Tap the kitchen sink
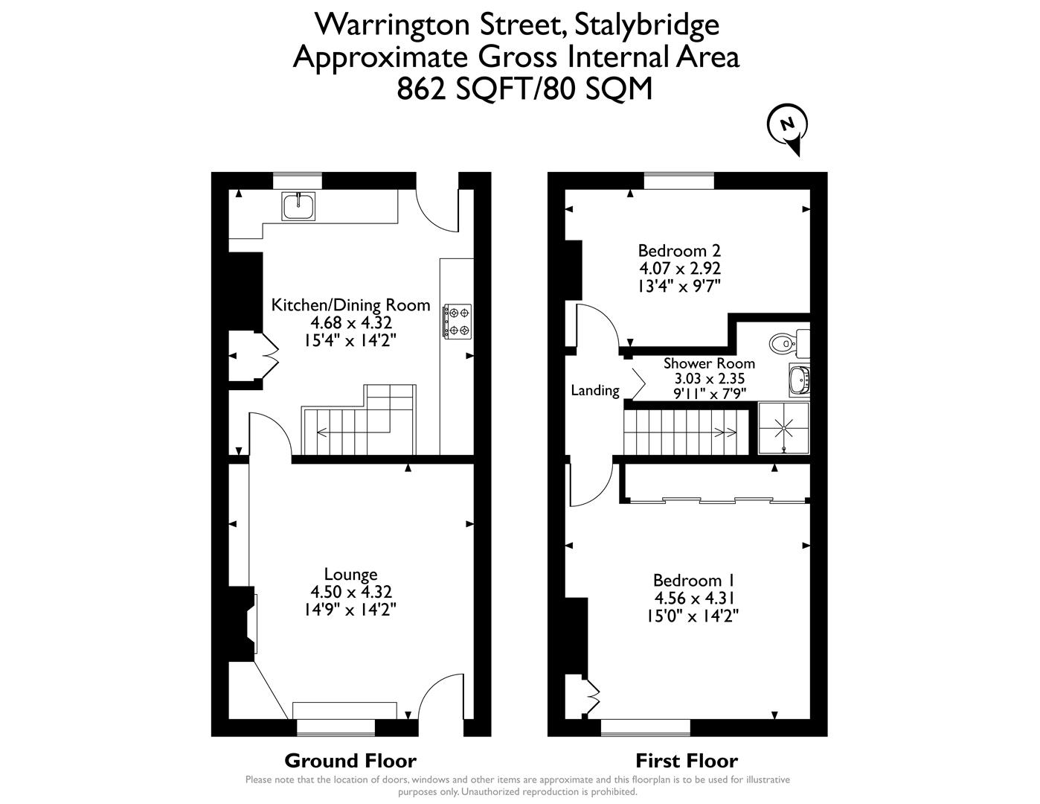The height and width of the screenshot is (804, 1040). point(298,205)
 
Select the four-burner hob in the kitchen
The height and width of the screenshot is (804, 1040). point(458,321)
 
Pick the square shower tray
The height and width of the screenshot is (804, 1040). point(783,427)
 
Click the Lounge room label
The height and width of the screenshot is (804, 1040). point(350,574)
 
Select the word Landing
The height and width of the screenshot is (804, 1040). point(594,390)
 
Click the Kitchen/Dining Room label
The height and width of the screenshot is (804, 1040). point(350,304)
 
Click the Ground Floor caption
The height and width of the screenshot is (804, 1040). point(350,761)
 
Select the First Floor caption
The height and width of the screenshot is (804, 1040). point(686,761)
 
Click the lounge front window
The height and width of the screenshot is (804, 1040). point(336,726)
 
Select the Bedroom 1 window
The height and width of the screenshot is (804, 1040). point(645,726)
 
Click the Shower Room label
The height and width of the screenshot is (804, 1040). point(709,363)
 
